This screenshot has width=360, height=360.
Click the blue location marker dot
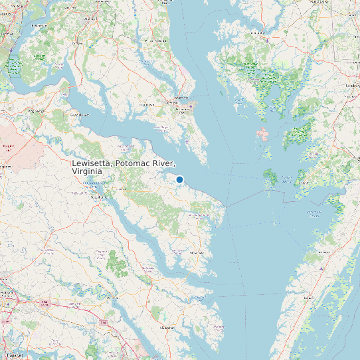pyautogui.click(x=179, y=179)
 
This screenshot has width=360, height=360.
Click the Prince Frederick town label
pyautogui.click(x=156, y=41)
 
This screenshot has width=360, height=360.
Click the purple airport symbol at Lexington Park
pyautogui.click(x=191, y=106)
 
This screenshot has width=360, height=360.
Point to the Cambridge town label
pyautogui.click(x=257, y=31)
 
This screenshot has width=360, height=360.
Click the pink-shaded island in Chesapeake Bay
pyautogui.click(x=262, y=135)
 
